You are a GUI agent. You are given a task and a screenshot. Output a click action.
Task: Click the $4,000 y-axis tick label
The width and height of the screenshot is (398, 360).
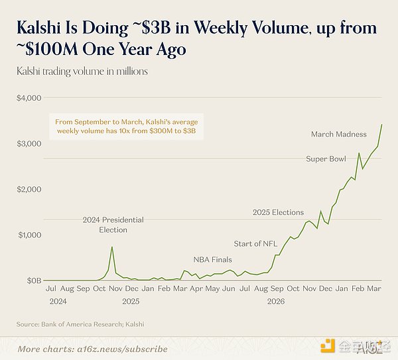point(29,97)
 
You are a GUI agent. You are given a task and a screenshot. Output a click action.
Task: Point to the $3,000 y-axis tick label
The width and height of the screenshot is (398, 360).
point(29,143)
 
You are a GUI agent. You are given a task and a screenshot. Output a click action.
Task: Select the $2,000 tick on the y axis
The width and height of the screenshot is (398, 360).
point(29,189)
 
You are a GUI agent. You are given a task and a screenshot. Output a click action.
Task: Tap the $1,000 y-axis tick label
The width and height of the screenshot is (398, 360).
point(29,235)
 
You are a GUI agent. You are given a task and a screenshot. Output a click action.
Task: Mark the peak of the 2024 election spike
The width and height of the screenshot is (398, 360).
point(111,247)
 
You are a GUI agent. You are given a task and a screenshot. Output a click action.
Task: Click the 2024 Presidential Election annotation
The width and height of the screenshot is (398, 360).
point(113,225)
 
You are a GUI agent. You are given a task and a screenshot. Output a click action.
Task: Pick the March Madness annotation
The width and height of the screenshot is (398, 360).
point(338,135)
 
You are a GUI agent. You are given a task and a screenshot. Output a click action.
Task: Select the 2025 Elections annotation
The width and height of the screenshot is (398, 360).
point(278,212)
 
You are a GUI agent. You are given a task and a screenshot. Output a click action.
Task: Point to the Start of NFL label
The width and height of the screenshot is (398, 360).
point(255,243)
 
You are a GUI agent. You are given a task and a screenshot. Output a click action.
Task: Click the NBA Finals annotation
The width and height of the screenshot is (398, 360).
point(214,259)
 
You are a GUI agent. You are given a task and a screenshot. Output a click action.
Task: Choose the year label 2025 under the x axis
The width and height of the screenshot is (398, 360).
point(131,300)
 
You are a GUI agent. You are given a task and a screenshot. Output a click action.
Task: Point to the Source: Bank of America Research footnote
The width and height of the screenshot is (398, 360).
point(80,324)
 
